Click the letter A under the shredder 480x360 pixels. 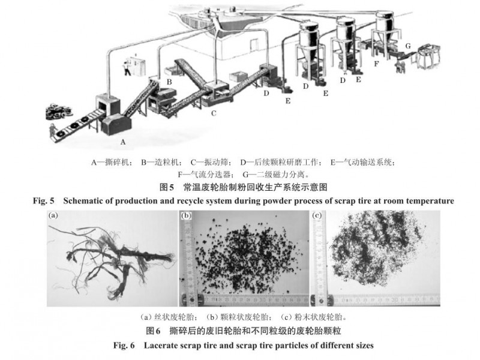(123, 142)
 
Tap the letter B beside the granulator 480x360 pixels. (169, 82)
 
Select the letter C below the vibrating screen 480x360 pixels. (214, 113)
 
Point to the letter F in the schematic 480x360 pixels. (376, 64)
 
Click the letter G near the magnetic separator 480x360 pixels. (408, 46)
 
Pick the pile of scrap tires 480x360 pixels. (58, 112)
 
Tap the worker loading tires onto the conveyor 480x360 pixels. (53, 130)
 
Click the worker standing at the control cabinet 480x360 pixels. (126, 68)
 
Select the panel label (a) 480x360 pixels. (53, 215)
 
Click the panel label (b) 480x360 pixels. (186, 215)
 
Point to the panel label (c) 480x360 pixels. (317, 215)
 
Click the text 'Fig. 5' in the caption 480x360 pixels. (43, 201)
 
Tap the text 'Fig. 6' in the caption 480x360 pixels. (124, 346)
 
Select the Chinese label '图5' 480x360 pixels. (167, 187)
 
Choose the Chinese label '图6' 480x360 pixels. (153, 331)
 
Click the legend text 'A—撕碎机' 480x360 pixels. (111, 162)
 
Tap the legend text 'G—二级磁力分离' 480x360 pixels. (274, 175)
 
